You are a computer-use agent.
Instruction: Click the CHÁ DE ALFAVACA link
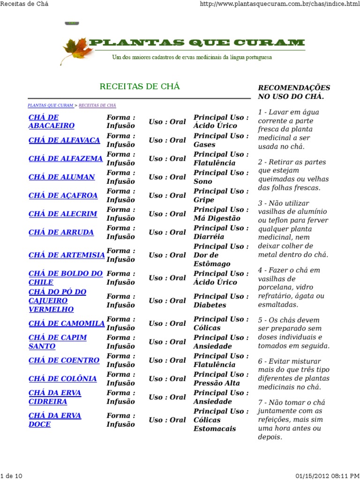click(x=64, y=140)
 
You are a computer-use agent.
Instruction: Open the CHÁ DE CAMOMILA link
click(x=67, y=323)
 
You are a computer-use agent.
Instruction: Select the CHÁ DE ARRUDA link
click(x=61, y=232)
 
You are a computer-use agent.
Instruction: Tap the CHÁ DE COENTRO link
click(x=64, y=360)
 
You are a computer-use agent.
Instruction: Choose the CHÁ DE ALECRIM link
click(x=63, y=214)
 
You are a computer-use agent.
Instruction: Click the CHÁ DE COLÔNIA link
click(x=63, y=379)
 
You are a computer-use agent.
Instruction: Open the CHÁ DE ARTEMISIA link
click(x=67, y=255)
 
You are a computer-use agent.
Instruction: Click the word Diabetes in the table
click(x=210, y=305)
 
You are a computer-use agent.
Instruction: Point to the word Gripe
click(x=203, y=200)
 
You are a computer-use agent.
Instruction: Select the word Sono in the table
click(x=202, y=181)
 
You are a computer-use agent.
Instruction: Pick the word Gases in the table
click(x=204, y=145)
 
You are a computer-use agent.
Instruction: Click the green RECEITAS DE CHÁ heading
click(x=140, y=87)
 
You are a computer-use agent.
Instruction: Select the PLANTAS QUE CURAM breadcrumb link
click(x=51, y=105)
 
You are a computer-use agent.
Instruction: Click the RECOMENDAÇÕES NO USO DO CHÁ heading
click(x=294, y=92)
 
